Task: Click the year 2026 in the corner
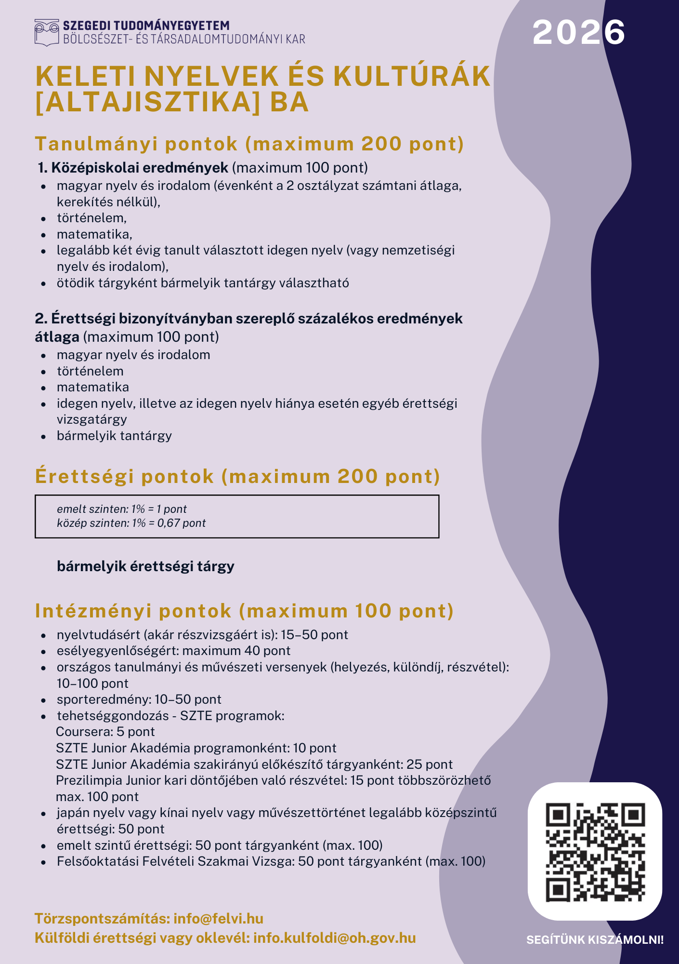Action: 578,32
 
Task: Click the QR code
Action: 595,852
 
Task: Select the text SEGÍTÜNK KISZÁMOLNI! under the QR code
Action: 595,940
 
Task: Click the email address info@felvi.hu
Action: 218,918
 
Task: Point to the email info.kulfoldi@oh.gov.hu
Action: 334,938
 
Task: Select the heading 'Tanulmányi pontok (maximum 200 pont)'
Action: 249,144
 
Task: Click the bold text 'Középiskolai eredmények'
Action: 140,168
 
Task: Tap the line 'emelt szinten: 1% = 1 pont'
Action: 121,509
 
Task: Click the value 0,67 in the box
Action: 168,523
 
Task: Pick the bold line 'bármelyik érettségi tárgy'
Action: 145,566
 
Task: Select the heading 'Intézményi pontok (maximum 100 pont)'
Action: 244,611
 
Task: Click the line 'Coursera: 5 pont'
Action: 105,732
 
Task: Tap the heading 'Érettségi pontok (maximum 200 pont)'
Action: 237,476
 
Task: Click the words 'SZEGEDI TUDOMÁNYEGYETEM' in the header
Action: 146,26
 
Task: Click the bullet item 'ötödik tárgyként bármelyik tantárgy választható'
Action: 203,283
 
